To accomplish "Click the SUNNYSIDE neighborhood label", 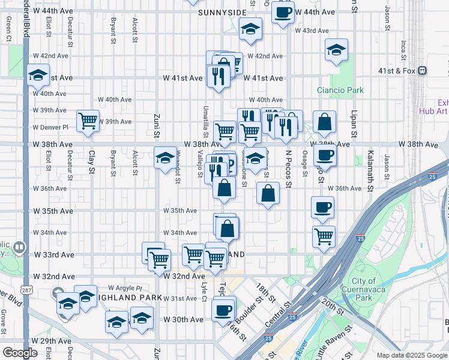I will coord(209,12).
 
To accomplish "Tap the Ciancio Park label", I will coord(340,91).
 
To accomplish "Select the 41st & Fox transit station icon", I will coord(423,70).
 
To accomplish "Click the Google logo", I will coord(20,353).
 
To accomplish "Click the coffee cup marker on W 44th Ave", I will coord(283,12).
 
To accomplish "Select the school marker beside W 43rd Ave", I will coord(250,29).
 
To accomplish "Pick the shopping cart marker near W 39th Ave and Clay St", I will coord(88,121).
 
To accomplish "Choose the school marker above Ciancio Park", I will coord(336,49).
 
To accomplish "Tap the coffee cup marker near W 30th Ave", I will coord(223,310).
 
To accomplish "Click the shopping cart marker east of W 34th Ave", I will coord(324,236).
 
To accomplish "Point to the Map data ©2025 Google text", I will coord(411,355).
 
